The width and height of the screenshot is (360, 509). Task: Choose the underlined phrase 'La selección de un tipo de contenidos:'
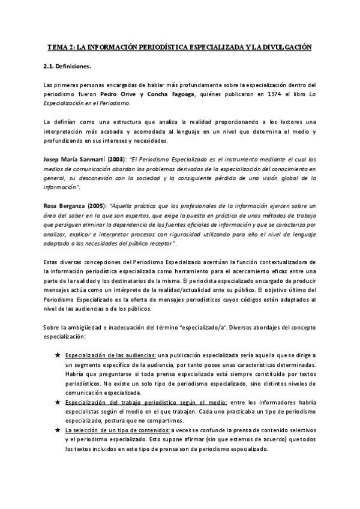[117, 430]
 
